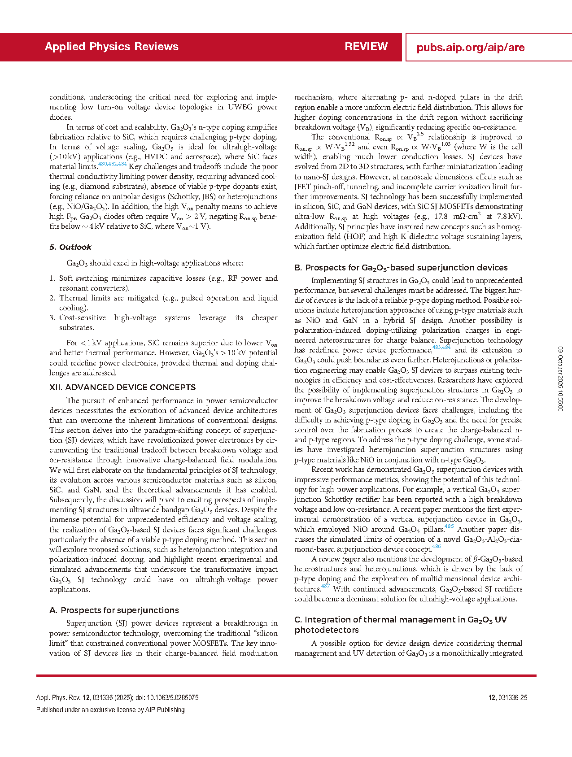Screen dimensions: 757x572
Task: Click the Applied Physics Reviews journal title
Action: pyautogui.click(x=112, y=47)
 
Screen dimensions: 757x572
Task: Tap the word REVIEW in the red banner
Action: pyautogui.click(x=366, y=47)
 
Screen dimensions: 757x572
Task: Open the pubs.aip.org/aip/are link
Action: pyautogui.click(x=471, y=48)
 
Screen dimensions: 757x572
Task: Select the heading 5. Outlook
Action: pyautogui.click(x=70, y=247)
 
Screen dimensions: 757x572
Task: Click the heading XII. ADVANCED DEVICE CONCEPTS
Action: pyautogui.click(x=122, y=387)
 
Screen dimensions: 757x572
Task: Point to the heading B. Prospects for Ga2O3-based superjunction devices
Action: pyautogui.click(x=401, y=268)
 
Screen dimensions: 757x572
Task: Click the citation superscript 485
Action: pyautogui.click(x=449, y=526)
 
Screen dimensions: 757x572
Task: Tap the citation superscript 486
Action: pyautogui.click(x=436, y=546)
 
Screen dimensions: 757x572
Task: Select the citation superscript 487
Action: pyautogui.click(x=325, y=586)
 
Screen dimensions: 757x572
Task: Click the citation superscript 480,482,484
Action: pyautogui.click(x=112, y=164)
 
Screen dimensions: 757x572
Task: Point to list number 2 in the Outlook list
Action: pyautogui.click(x=52, y=298)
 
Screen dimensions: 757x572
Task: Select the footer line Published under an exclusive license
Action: pyautogui.click(x=110, y=709)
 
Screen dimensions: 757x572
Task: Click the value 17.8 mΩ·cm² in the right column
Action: pyautogui.click(x=458, y=217)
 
